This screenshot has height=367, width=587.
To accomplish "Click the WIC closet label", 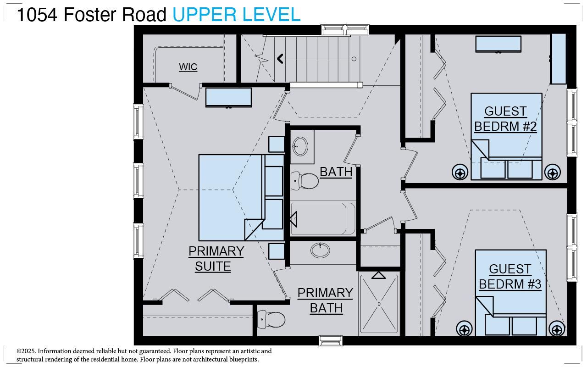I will tap(188, 67).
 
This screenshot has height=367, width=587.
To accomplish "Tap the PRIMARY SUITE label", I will tap(216, 259).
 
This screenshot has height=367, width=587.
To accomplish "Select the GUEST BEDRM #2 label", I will tap(505, 119).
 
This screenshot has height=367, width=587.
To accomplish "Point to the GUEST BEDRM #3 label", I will tap(510, 277).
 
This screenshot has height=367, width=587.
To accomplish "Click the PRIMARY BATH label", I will tap(325, 300).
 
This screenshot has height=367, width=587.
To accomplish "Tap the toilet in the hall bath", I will tap(305, 181).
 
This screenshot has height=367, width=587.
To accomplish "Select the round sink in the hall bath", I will tap(301, 146).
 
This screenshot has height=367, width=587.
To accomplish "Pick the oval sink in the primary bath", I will tap(320, 250).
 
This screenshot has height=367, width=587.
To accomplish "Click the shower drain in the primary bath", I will tap(379, 304).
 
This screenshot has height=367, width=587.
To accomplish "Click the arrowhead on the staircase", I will tap(280, 59).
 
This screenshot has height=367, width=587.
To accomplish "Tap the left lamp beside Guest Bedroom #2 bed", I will tap(460, 172).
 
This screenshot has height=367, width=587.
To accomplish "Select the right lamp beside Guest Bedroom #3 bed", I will tap(557, 329).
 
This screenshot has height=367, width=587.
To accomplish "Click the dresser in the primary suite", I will tap(228, 97).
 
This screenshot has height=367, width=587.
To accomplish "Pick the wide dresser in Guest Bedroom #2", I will tap(498, 44).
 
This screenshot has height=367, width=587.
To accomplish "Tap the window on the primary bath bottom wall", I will tap(331, 341).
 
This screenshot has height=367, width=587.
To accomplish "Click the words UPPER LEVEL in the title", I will tap(236, 15).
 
